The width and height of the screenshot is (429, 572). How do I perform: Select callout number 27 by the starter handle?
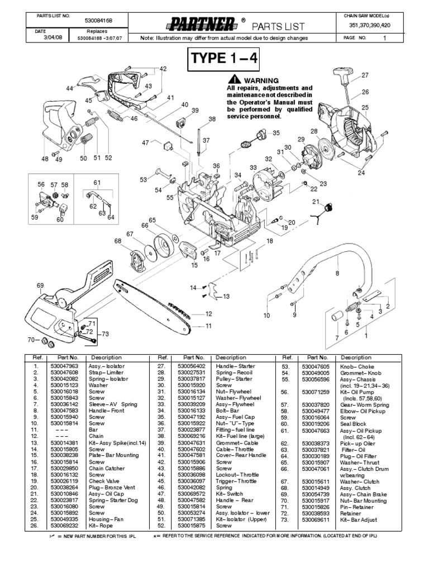click(365, 75)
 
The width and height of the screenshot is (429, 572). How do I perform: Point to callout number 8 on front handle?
click(337, 273)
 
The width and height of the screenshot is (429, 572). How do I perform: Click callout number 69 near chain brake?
click(40, 286)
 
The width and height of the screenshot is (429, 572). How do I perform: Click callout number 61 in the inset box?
click(97, 183)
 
